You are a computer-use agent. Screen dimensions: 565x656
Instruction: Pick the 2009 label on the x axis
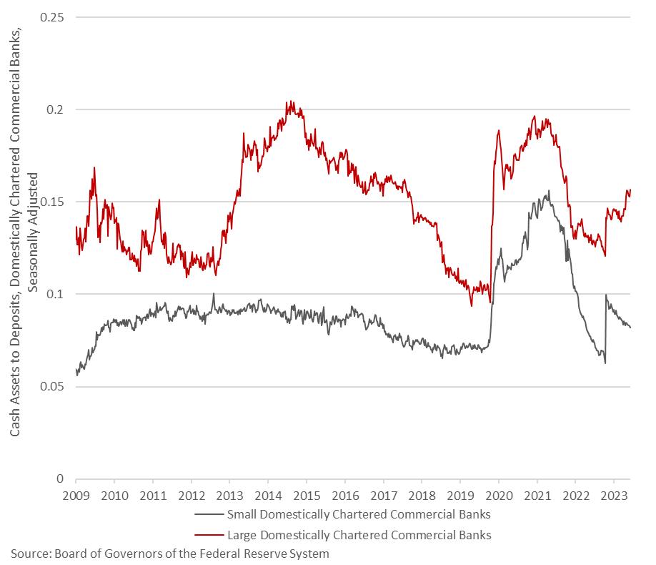[x=76, y=495]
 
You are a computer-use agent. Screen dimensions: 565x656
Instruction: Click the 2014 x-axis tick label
[x=267, y=495]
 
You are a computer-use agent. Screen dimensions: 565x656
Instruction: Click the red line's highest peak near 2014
[x=288, y=102]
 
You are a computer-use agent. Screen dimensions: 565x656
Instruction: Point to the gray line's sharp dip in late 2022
[x=605, y=363]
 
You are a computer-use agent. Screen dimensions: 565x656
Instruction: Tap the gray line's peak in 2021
[x=549, y=191]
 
